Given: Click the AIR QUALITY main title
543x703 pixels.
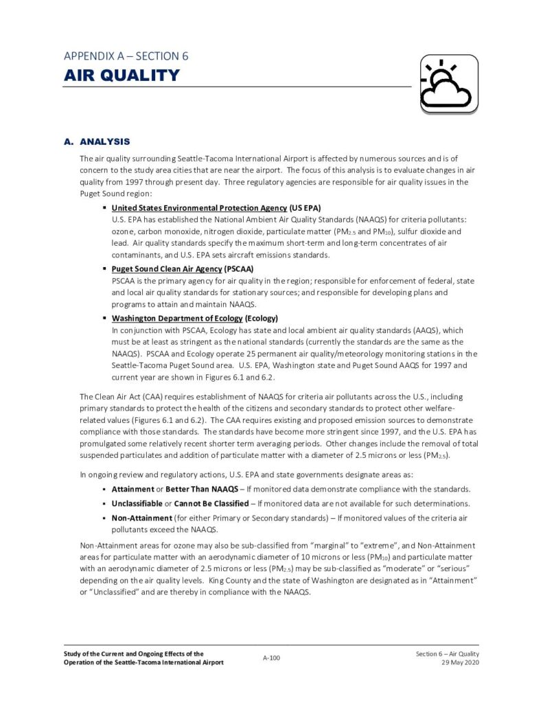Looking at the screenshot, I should pos(122,76).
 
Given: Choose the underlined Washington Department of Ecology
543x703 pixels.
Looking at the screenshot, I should pos(177,319).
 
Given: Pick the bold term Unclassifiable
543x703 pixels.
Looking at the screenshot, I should pos(137,504).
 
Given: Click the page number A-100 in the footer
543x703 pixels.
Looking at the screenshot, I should pos(271,658).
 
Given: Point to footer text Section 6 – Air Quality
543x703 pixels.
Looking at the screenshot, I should pos(447,654).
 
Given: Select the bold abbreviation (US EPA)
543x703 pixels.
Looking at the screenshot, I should pos(305,208).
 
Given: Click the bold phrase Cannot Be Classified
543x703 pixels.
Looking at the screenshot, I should pos(211,504).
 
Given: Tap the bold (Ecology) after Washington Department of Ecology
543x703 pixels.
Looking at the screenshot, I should pos(261,319).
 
